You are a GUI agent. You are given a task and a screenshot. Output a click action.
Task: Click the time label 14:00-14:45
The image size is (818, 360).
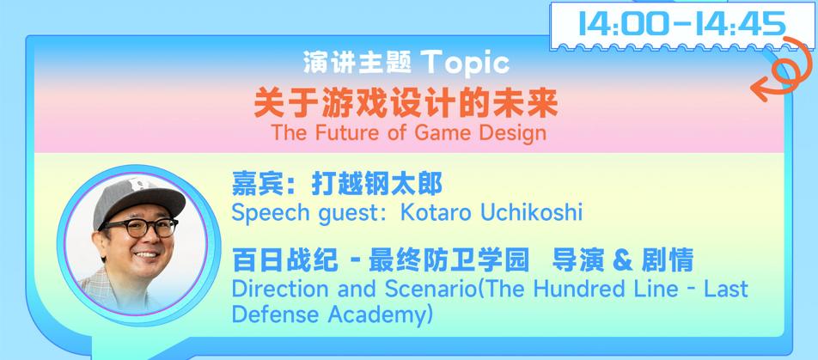pyautogui.click(x=682, y=24)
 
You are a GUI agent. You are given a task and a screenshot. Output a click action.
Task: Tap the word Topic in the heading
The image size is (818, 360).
pyautogui.click(x=465, y=63)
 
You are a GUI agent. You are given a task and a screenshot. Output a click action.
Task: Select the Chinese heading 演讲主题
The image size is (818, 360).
pyautogui.click(x=357, y=63)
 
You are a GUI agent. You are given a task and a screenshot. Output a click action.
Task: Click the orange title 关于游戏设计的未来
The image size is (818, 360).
pyautogui.click(x=406, y=104)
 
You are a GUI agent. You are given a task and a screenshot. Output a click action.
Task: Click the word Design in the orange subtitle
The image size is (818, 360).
pyautogui.click(x=512, y=133)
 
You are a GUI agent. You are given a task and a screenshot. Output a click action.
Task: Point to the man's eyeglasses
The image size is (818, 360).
pyautogui.click(x=139, y=228)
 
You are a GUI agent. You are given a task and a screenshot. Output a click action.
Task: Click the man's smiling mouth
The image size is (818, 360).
pyautogui.click(x=147, y=254)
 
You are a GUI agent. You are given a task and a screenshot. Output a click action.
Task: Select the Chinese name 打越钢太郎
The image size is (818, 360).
pyautogui.click(x=376, y=184)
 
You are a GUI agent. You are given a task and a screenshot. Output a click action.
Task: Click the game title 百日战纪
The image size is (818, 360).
pyautogui.click(x=285, y=260)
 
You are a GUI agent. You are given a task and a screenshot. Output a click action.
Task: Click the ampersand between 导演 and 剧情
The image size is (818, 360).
pyautogui.click(x=622, y=260)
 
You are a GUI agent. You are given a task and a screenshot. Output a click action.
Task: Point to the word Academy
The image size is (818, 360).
pyautogui.click(x=378, y=314)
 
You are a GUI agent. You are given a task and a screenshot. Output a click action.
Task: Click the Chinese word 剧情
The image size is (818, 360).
pyautogui.click(x=668, y=260)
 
